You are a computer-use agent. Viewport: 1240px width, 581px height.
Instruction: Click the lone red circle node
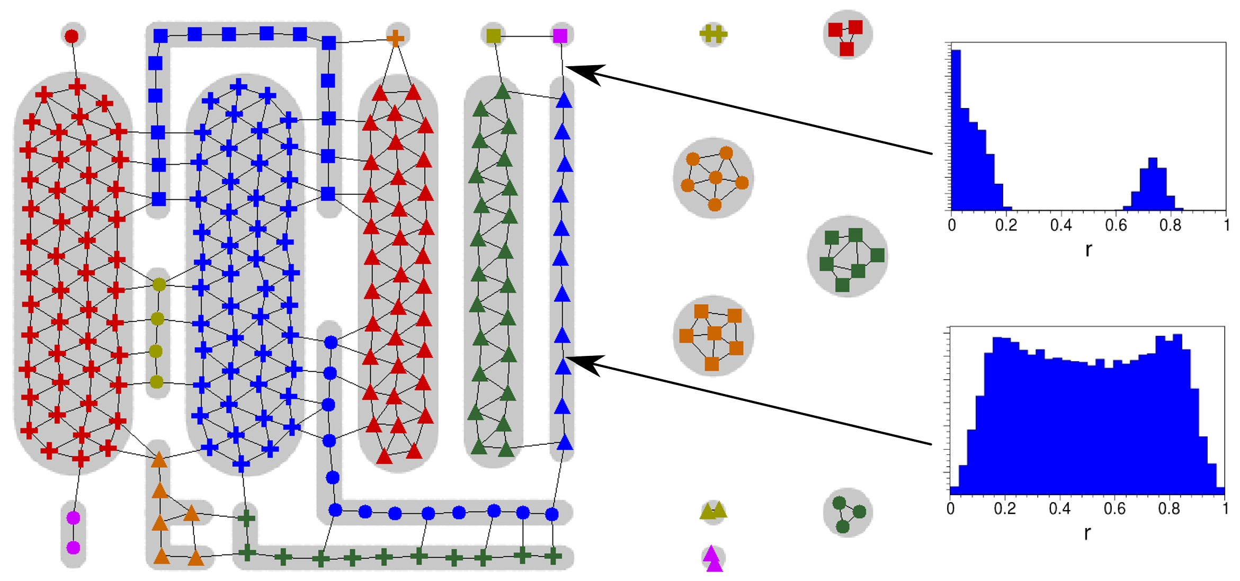coord(72,36)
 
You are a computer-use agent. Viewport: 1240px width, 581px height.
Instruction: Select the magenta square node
coord(560,35)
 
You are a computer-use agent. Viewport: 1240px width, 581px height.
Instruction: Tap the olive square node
coord(494,35)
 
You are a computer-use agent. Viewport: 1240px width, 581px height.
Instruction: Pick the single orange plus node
coord(395,38)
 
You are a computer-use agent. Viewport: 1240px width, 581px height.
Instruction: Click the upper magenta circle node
coord(73,517)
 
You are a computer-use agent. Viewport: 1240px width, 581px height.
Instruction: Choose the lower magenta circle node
coord(73,547)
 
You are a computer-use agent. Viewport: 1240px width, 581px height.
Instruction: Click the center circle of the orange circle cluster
coord(716,177)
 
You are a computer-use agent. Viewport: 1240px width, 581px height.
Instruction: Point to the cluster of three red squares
coord(846,38)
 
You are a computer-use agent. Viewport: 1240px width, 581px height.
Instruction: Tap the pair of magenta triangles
coord(713,558)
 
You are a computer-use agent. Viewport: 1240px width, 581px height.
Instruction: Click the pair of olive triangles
coord(713,511)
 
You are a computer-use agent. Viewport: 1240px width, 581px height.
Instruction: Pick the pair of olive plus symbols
coord(713,34)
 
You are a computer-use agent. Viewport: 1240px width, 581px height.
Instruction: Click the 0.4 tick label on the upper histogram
coord(1061,226)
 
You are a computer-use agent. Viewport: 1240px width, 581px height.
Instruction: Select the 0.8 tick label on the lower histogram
coord(1169,509)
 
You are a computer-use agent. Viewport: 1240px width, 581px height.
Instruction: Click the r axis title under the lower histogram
coord(1087,533)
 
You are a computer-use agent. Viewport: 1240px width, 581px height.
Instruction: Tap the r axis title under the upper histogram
coord(1089,249)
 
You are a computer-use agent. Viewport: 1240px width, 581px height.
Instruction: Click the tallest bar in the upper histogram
coord(956,130)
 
